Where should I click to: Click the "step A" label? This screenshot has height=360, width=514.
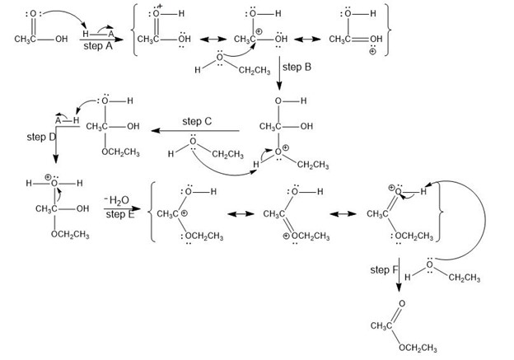click(99, 47)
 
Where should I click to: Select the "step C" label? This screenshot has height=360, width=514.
click(197, 120)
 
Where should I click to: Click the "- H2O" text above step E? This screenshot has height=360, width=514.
click(118, 200)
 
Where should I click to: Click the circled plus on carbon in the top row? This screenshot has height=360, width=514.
click(257, 30)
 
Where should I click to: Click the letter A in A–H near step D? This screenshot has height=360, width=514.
click(58, 118)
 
